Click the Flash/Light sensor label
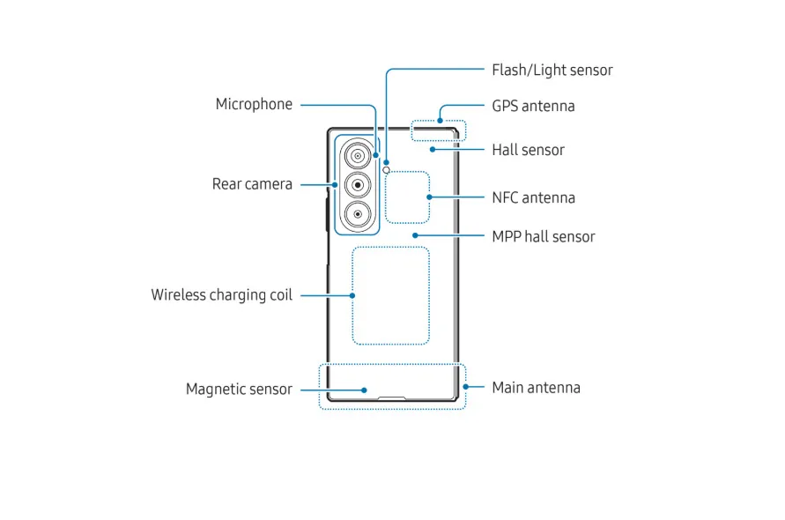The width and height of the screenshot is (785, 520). coord(552,70)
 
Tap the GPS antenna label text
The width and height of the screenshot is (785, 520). coord(533,106)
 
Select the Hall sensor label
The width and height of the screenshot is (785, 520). coord(528,150)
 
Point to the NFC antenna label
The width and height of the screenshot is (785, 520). coord(533,197)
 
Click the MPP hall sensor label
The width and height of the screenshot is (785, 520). coord(543,236)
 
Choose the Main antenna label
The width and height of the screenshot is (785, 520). coord(536,387)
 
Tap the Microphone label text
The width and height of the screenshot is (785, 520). coord(254,104)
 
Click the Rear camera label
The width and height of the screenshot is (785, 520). coord(252,184)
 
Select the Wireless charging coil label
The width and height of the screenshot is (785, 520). coord(221,294)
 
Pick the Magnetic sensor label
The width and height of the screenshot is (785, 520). coord(239,389)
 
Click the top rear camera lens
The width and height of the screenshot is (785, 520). coord(358,158)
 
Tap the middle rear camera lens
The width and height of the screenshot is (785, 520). coord(358,185)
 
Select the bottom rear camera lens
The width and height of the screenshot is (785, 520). coord(358,212)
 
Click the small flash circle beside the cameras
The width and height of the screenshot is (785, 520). coord(374,169)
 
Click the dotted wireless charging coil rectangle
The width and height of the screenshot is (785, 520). coord(390,295)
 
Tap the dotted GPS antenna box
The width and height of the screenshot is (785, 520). coord(439,130)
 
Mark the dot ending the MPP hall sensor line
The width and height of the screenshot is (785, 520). coord(414,236)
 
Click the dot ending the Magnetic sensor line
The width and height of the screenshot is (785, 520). coord(365,389)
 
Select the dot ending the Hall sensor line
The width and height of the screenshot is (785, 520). coord(432,150)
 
